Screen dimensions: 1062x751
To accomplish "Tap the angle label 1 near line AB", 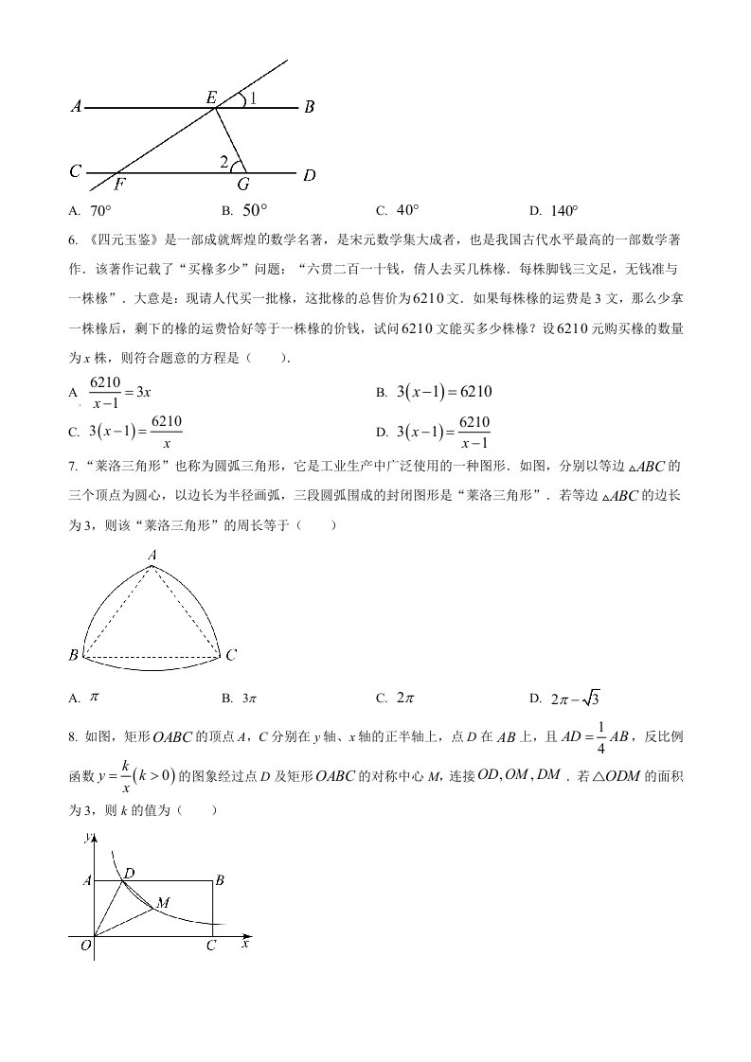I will point(253,97).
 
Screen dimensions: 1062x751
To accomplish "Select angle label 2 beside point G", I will point(224,162).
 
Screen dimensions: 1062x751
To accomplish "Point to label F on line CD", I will point(120,186).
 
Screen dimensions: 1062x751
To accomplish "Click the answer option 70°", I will point(100,210).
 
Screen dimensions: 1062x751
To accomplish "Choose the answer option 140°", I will point(566,210).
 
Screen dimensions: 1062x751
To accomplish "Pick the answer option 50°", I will point(255,210).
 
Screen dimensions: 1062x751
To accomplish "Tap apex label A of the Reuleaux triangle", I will point(152,556).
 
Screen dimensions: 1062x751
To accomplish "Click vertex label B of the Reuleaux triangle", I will point(73,655).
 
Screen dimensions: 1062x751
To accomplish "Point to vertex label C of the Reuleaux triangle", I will point(230,655).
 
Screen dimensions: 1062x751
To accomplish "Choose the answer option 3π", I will point(250,699).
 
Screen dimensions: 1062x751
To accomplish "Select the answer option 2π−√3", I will point(574,699).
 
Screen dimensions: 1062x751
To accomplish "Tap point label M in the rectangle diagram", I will point(163,904).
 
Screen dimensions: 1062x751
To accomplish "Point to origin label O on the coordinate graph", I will point(85,945).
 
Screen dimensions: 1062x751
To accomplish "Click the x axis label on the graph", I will point(245,944).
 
